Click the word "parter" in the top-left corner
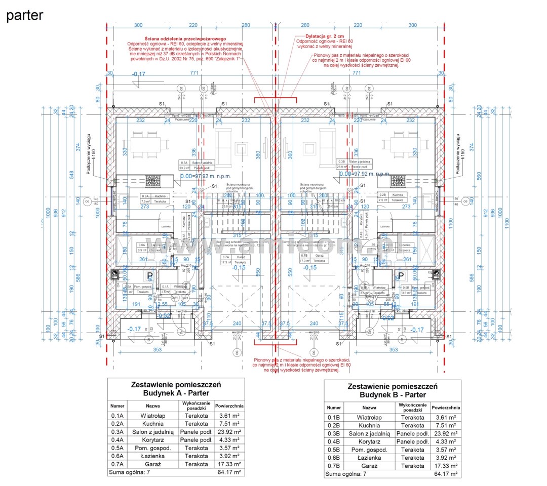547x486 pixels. (24, 15)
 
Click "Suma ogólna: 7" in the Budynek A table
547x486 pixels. (129, 472)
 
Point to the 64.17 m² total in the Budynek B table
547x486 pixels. (446, 474)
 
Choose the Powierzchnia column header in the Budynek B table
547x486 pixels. (446, 408)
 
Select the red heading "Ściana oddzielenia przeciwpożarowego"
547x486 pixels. (185, 38)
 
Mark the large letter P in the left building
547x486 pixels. (150, 276)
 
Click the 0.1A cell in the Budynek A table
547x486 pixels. (118, 416)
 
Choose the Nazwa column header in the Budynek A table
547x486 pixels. (152, 406)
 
